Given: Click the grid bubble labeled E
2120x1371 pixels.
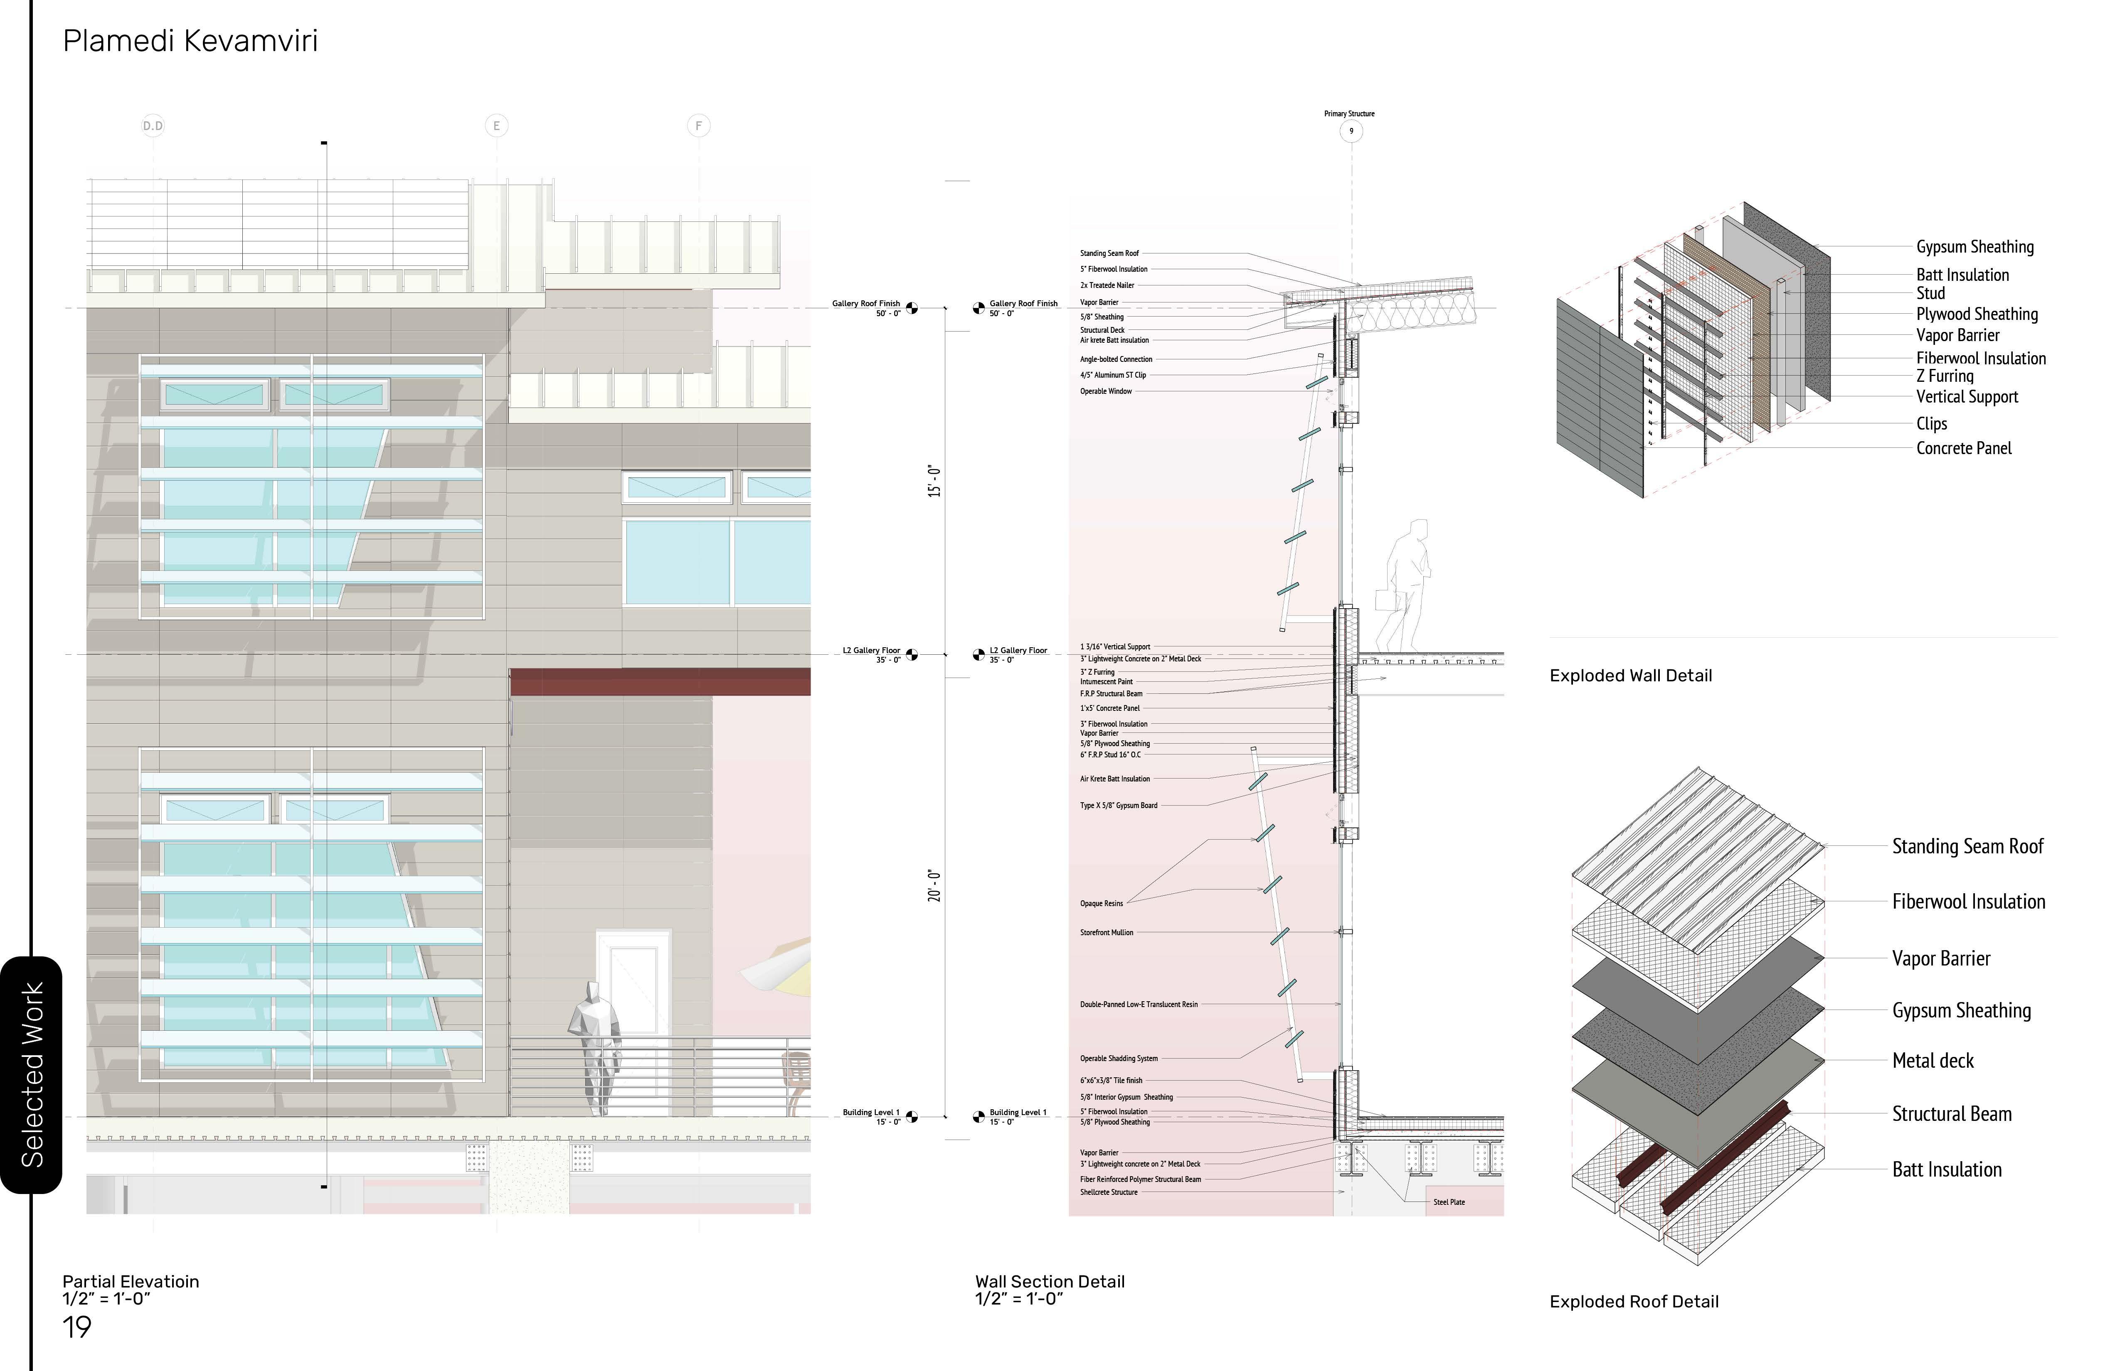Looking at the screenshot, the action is [496, 125].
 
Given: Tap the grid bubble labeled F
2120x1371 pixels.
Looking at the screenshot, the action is [698, 125].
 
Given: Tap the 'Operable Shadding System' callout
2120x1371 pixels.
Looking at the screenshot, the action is [1119, 1059].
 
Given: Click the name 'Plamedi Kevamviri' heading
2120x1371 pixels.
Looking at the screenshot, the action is [190, 41].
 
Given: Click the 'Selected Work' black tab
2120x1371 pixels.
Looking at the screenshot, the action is [32, 1074].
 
